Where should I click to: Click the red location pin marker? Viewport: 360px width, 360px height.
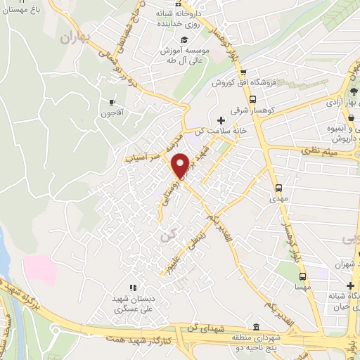tap(180, 165)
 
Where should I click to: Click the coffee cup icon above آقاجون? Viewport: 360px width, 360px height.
tap(111, 101)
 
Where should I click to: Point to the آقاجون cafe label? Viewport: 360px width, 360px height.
tap(110, 112)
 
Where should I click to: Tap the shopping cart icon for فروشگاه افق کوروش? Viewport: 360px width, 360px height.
tap(243, 72)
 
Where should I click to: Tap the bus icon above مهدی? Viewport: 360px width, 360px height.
tap(279, 188)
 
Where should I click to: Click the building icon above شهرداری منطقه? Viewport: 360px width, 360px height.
tap(255, 328)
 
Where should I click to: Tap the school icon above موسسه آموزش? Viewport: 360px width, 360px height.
tap(184, 39)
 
